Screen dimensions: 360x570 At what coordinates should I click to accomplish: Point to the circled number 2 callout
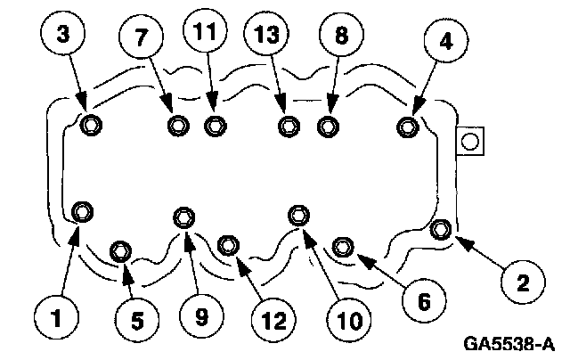[x=522, y=283]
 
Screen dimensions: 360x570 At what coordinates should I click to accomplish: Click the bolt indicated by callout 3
[x=90, y=125]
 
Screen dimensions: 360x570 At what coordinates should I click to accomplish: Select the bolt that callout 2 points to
[x=441, y=230]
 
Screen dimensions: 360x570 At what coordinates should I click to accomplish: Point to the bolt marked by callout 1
[x=83, y=211]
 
